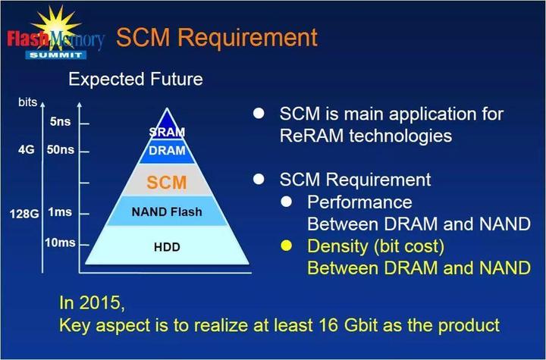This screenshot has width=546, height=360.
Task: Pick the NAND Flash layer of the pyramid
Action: pyautogui.click(x=166, y=211)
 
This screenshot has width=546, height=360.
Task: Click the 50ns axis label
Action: pyautogui.click(x=61, y=150)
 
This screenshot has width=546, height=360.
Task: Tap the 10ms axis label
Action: pyautogui.click(x=61, y=242)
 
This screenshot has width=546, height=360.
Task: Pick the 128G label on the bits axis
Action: pyautogui.click(x=24, y=211)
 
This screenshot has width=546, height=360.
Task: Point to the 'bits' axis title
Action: pyautogui.click(x=27, y=102)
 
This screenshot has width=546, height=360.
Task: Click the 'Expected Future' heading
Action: pyautogui.click(x=136, y=78)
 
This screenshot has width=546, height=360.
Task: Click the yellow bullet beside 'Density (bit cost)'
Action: pyautogui.click(x=287, y=246)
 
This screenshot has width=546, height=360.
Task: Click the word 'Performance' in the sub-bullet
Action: pyautogui.click(x=359, y=202)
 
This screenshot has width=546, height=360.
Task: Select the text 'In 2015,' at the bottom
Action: pyautogui.click(x=91, y=303)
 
